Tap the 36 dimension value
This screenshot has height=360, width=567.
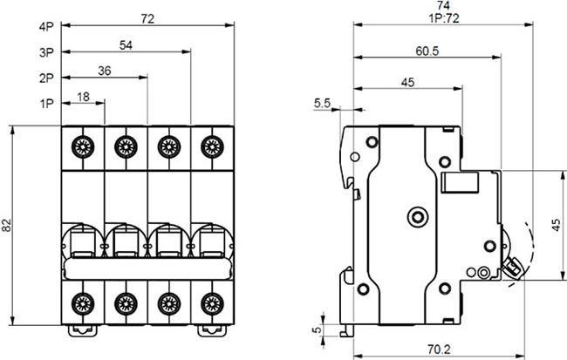coord(105,71)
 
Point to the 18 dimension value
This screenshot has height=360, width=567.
coord(83,98)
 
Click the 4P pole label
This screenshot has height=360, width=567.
coord(46,27)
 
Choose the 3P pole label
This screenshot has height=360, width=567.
coord(46,53)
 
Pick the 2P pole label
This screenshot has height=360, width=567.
coord(46,79)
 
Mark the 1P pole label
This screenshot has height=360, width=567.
coord(46,105)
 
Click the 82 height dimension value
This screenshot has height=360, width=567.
coord(9,226)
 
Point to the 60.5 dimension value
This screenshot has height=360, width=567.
coord(427,51)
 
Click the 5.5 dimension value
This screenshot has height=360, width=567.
coord(321,104)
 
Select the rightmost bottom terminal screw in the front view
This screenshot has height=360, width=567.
coord(209,303)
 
